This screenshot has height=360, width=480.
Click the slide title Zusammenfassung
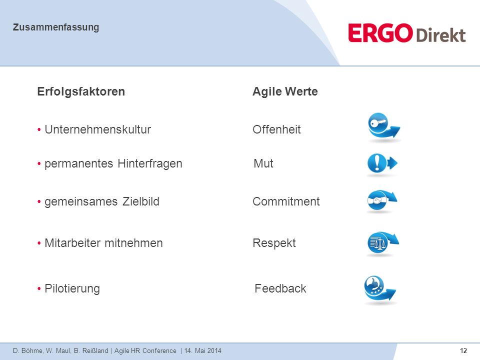[55, 27]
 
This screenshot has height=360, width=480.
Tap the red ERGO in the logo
[380, 33]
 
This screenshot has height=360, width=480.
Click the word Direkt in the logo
[441, 35]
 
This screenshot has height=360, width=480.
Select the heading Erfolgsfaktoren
[81, 91]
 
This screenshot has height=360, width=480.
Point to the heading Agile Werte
[285, 91]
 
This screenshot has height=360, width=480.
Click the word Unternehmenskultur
[98, 129]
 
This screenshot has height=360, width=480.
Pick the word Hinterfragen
[150, 163]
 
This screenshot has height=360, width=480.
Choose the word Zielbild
[141, 201]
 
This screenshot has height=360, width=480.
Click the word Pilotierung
[72, 288]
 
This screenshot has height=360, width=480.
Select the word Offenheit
[276, 129]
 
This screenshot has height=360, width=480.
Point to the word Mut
[263, 163]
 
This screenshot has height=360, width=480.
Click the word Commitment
[286, 201]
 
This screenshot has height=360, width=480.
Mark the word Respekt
[274, 243]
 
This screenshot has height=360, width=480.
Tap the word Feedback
[280, 288]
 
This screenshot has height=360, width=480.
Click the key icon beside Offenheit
[383, 127]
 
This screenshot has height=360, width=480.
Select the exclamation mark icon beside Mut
[381, 164]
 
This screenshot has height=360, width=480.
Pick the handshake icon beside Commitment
[381, 201]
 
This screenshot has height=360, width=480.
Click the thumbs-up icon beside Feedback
[379, 289]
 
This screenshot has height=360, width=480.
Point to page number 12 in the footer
[463, 351]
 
